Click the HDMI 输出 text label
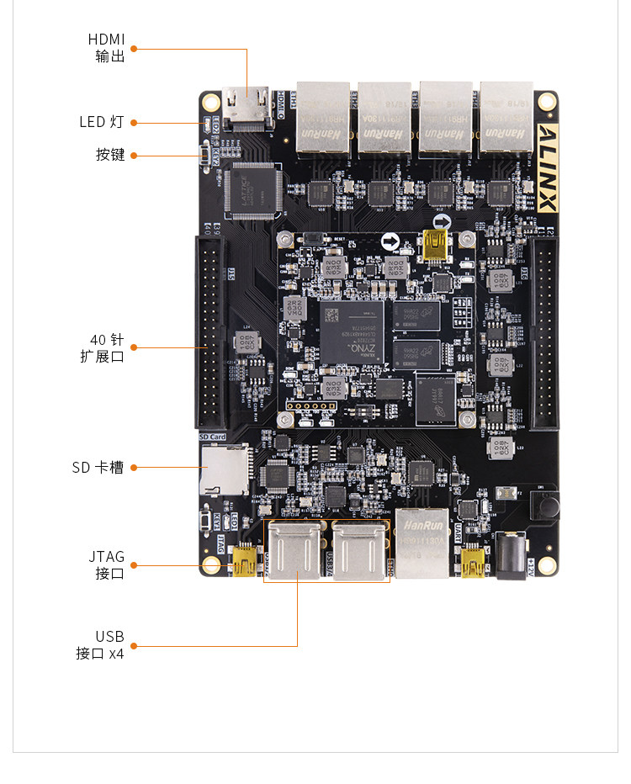107,48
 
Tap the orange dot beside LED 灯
134,123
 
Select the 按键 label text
110,155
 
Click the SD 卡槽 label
98,467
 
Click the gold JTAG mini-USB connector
245,560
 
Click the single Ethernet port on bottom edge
422,543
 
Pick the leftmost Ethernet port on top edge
323,117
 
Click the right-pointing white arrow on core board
390,242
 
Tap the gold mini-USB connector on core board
436,244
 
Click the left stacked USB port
295,549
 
